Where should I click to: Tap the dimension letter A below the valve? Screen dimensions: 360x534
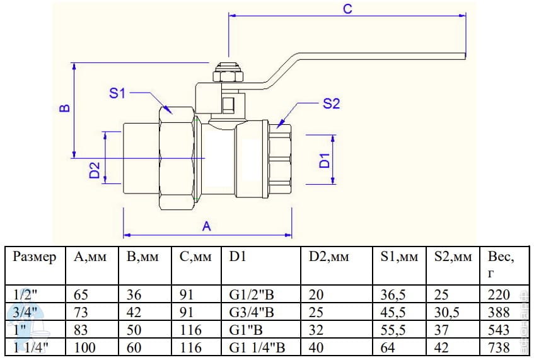click(206, 226)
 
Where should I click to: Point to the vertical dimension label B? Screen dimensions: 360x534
click(64, 108)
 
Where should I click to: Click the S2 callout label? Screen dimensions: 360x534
click(331, 104)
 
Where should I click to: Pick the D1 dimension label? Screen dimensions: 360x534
click(325, 160)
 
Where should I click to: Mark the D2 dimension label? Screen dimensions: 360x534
click(95, 170)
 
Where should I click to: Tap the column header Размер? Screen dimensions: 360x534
click(35, 257)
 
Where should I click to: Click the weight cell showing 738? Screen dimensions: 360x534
click(499, 347)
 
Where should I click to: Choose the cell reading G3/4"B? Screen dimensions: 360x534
click(252, 312)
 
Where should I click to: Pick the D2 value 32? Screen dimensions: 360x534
click(317, 330)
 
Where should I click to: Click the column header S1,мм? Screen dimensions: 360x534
click(399, 257)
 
